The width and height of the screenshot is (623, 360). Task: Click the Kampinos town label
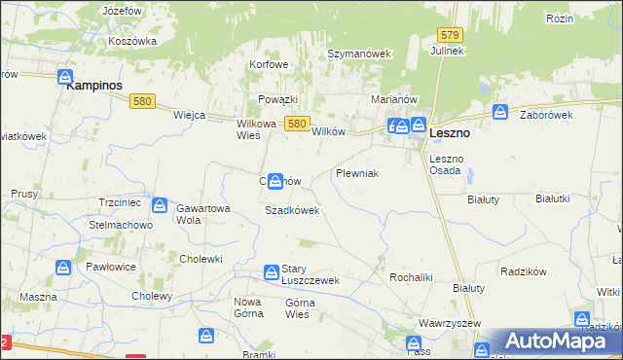tap(94, 86)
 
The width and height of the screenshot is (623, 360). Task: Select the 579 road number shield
tap(449, 34)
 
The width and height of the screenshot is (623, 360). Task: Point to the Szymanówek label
tap(358, 54)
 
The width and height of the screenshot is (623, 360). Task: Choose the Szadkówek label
tap(292, 210)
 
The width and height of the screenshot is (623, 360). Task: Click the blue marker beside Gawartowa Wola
tap(160, 207)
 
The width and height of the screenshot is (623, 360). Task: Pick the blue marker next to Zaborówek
tap(500, 112)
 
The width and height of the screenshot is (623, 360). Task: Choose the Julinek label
tap(446, 50)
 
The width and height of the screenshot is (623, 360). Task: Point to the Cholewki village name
tap(202, 259)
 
